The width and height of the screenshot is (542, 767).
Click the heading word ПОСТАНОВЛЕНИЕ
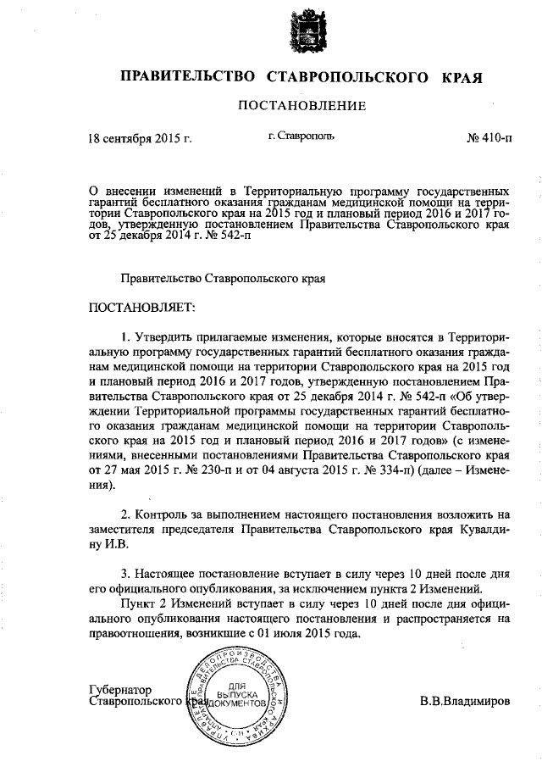pos(301,106)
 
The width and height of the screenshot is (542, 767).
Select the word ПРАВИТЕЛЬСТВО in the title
pos(187,77)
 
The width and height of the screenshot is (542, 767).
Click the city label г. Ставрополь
pos(301,136)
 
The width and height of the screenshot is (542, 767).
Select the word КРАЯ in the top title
pos(461,77)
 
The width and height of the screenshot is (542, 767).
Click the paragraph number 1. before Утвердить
pos(125,336)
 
